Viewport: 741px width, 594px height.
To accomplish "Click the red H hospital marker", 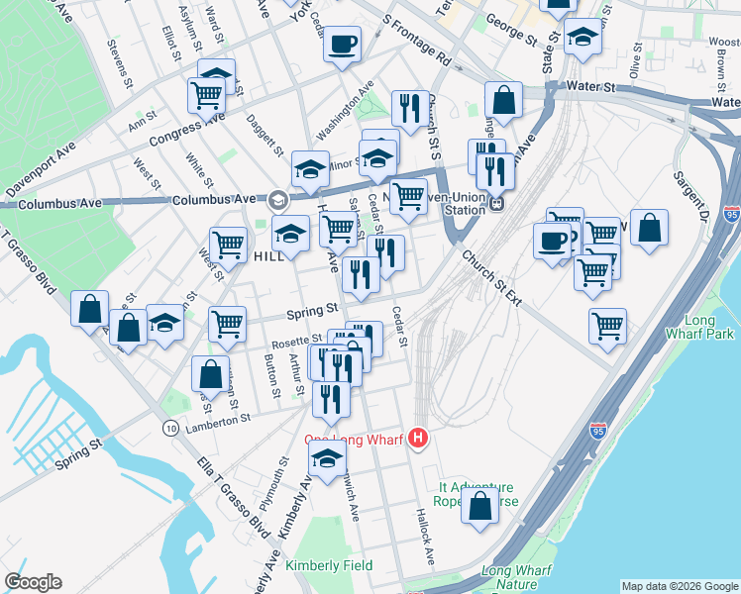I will pyautogui.click(x=418, y=437).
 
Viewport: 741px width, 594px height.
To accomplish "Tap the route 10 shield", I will pyautogui.click(x=171, y=427).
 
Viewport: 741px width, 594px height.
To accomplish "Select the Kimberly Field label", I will pyautogui.click(x=329, y=565).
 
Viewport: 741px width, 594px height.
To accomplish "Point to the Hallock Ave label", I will pyautogui.click(x=426, y=542).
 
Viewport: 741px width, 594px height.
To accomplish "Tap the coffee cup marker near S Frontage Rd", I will pyautogui.click(x=342, y=45).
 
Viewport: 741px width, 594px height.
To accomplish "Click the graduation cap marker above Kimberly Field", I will pyautogui.click(x=327, y=458).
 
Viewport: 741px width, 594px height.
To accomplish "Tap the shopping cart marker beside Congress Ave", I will pyautogui.click(x=207, y=96).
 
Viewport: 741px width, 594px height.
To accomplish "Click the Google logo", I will pyautogui.click(x=33, y=582).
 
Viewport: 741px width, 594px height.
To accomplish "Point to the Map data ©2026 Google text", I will pyautogui.click(x=679, y=586).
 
